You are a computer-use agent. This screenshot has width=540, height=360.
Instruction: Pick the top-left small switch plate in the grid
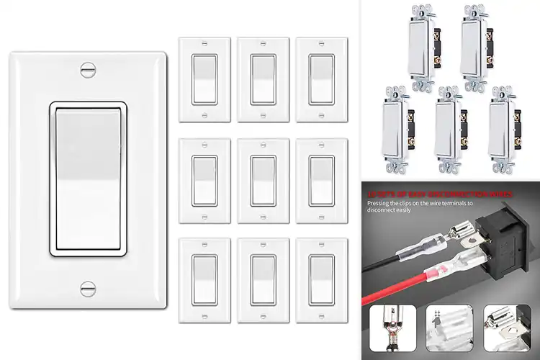(x=204, y=79)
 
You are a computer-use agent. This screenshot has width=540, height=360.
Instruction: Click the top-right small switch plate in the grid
(x=321, y=79)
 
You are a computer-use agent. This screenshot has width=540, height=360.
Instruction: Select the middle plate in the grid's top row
(x=263, y=79)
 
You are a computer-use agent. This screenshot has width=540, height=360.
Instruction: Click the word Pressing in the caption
(x=382, y=203)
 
